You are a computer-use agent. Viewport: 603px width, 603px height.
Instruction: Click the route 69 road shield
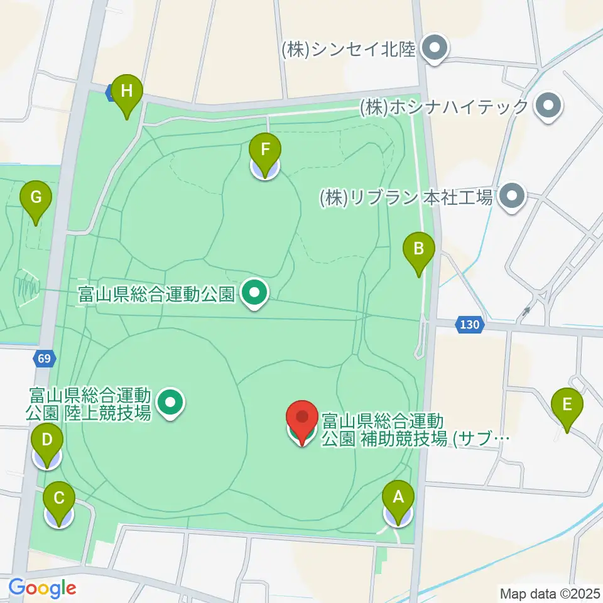(x=43, y=359)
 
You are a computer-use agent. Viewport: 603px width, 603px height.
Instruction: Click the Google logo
(x=42, y=589)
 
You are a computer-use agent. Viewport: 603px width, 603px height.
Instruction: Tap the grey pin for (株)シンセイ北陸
(x=433, y=49)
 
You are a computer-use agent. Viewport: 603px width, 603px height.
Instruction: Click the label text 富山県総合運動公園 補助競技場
(x=411, y=429)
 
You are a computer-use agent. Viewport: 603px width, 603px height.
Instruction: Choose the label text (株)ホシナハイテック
(x=443, y=107)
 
